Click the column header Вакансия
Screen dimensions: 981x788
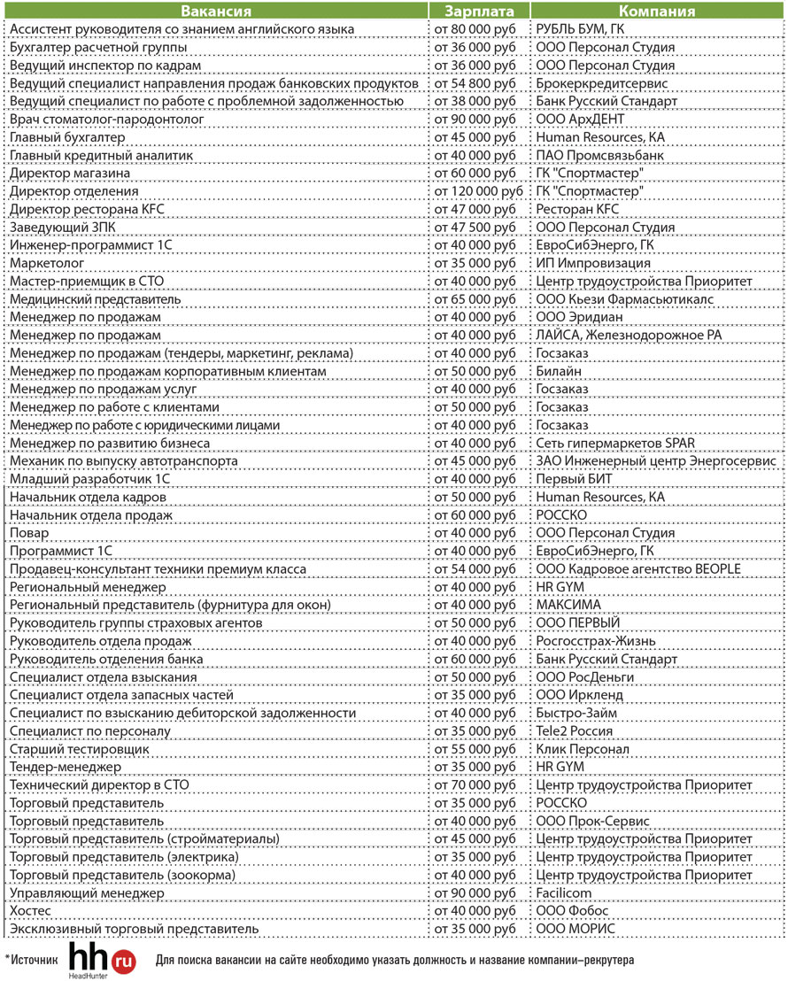tap(215, 12)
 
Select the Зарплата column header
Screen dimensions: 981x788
tap(479, 12)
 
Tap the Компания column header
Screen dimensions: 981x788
tap(656, 12)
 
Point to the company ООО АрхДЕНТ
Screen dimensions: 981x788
tap(580, 120)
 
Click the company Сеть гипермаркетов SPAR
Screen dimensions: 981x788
tap(615, 443)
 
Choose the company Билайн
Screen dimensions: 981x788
tap(560, 371)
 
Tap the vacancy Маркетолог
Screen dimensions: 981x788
tap(47, 263)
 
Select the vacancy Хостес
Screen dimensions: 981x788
tap(30, 910)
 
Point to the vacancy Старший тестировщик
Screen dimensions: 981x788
tap(79, 749)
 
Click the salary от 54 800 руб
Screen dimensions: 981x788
tap(474, 83)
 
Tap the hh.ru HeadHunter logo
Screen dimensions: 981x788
tap(102, 959)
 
